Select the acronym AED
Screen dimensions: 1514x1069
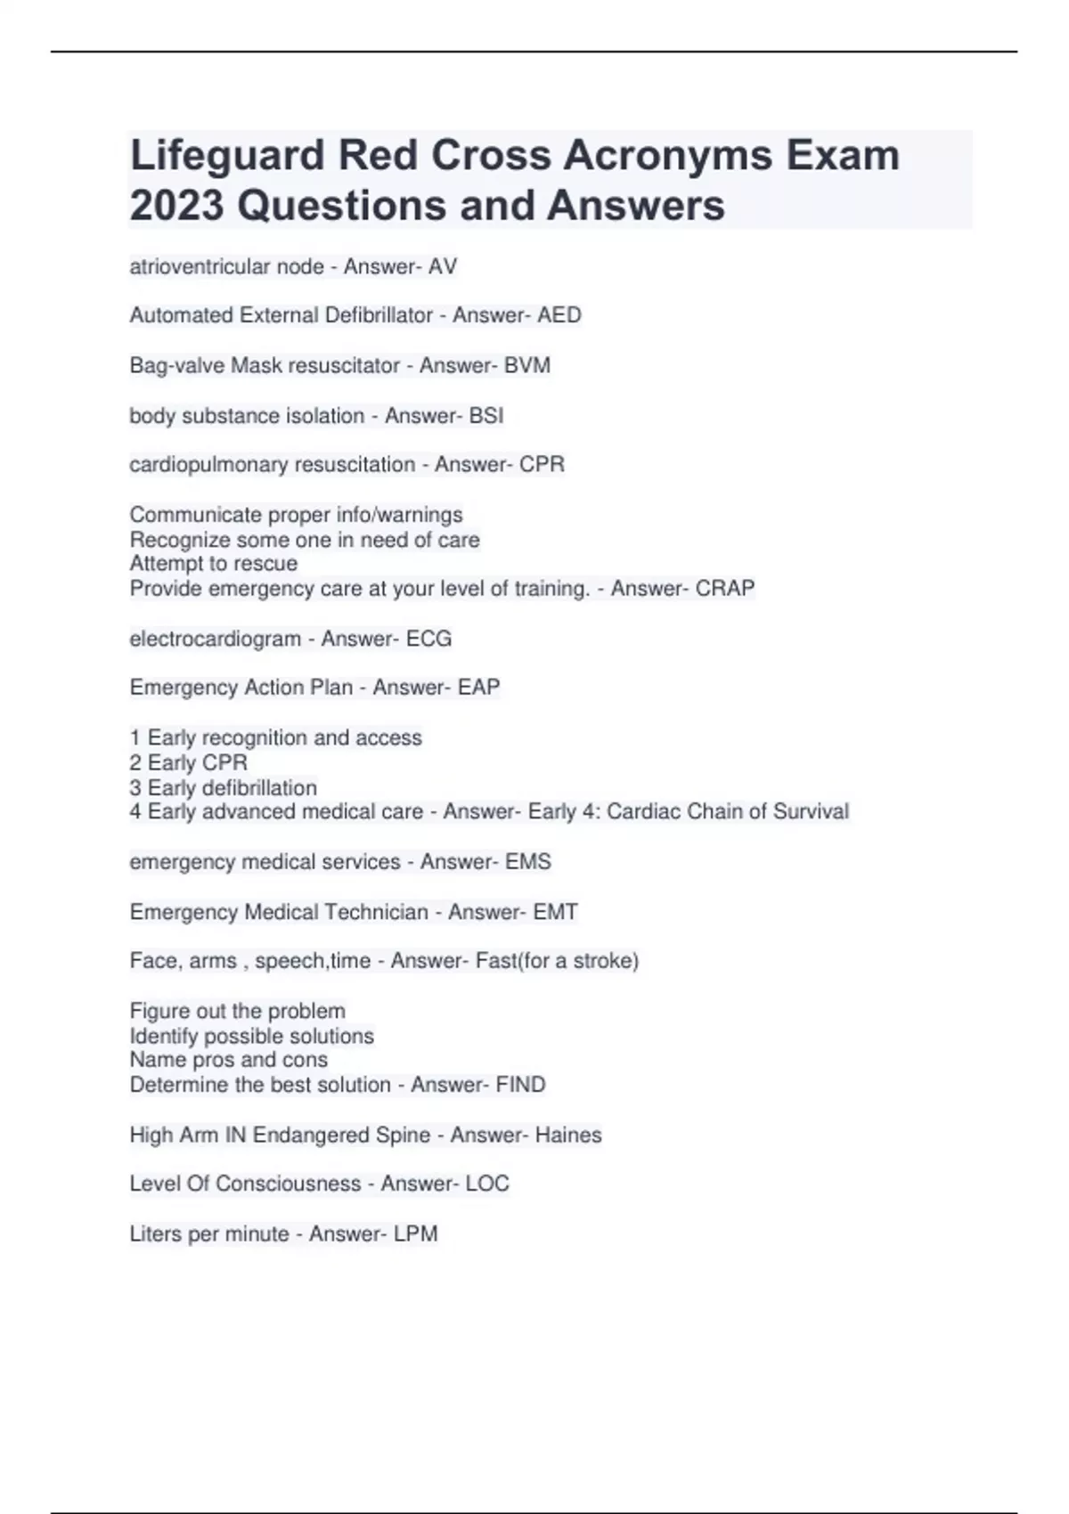pyautogui.click(x=559, y=315)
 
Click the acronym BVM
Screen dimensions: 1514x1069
pyautogui.click(x=526, y=365)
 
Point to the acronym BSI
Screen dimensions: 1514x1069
pyautogui.click(x=486, y=416)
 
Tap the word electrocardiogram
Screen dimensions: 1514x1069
pyautogui.click(x=215, y=639)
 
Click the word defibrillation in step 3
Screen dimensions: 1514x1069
pyautogui.click(x=259, y=788)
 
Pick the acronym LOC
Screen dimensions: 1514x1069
pyautogui.click(x=487, y=1184)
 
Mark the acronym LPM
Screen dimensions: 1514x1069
pyautogui.click(x=415, y=1234)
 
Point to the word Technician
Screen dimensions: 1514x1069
pyautogui.click(x=376, y=912)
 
